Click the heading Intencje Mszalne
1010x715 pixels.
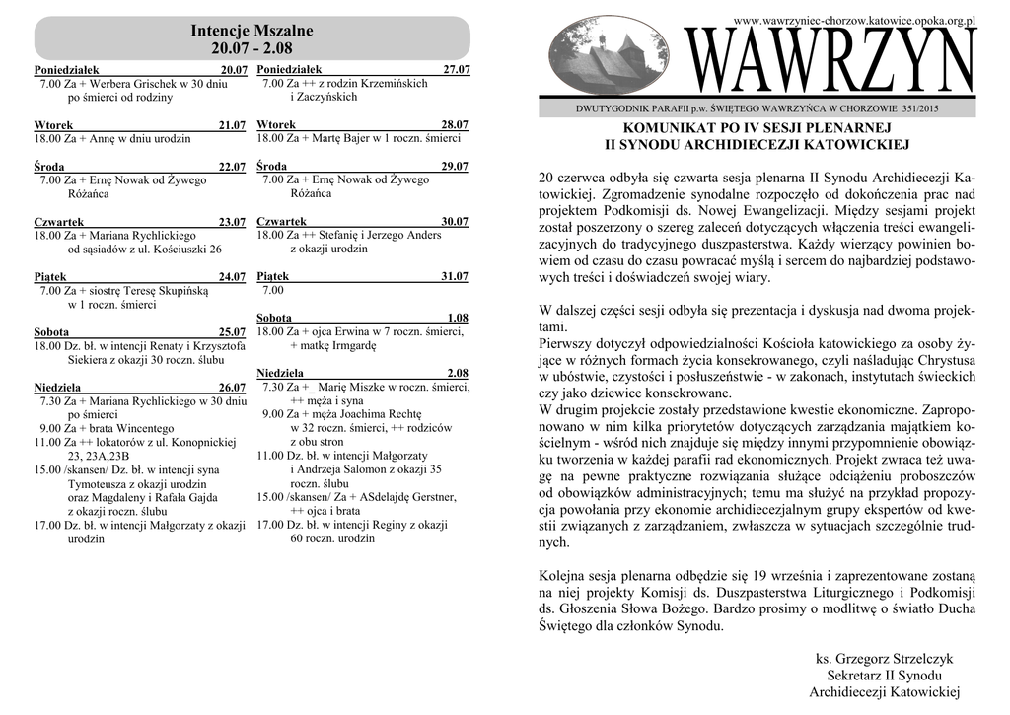[252, 30]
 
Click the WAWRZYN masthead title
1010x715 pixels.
[833, 62]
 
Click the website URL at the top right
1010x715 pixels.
[855, 20]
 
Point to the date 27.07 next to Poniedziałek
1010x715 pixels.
[457, 70]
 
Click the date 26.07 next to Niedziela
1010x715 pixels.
[232, 388]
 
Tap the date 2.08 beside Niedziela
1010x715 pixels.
[457, 374]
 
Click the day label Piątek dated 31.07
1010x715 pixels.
[272, 277]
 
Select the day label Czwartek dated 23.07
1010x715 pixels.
[57, 222]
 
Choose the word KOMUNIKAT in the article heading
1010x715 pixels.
[668, 129]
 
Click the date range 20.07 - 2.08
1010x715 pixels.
[252, 48]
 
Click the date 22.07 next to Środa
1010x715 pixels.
[232, 168]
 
